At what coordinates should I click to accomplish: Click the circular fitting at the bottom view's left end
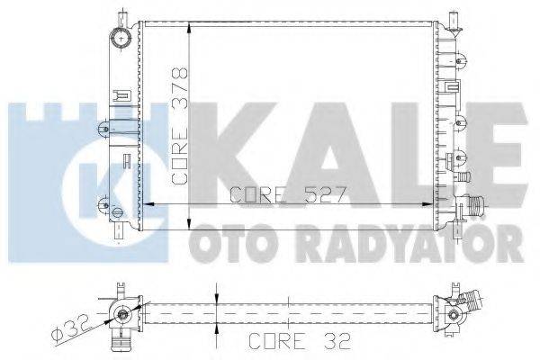pos(120,313)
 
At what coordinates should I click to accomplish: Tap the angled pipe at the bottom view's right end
pos(465,305)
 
